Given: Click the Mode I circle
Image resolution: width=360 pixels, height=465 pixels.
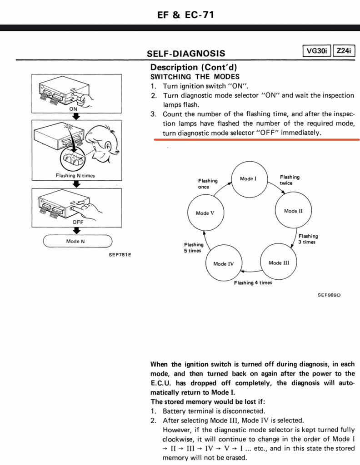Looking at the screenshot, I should tap(248, 179).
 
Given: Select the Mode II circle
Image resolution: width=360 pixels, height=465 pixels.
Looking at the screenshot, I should tap(293, 211).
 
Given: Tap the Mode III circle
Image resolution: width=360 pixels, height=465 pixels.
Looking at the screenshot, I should tap(278, 263).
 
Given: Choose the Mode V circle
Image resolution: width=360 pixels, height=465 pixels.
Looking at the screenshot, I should tap(205, 213).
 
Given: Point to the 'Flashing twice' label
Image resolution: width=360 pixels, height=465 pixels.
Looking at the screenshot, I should tap(290, 180).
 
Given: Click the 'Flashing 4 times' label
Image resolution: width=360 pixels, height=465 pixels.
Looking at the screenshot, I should tap(253, 282).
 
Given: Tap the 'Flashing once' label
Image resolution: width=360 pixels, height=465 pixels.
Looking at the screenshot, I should tap(207, 183).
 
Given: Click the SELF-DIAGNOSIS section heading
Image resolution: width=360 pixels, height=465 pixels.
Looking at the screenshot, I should tap(185, 54).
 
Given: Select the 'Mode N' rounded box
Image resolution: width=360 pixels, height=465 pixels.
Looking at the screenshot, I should tap(77, 241).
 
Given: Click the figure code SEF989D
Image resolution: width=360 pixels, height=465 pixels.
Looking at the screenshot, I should tap(329, 295).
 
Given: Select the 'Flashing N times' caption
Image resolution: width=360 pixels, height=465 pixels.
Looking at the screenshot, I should tap(75, 176).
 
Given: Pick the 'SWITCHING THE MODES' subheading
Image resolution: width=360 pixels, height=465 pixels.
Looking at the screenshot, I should tap(195, 76).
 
